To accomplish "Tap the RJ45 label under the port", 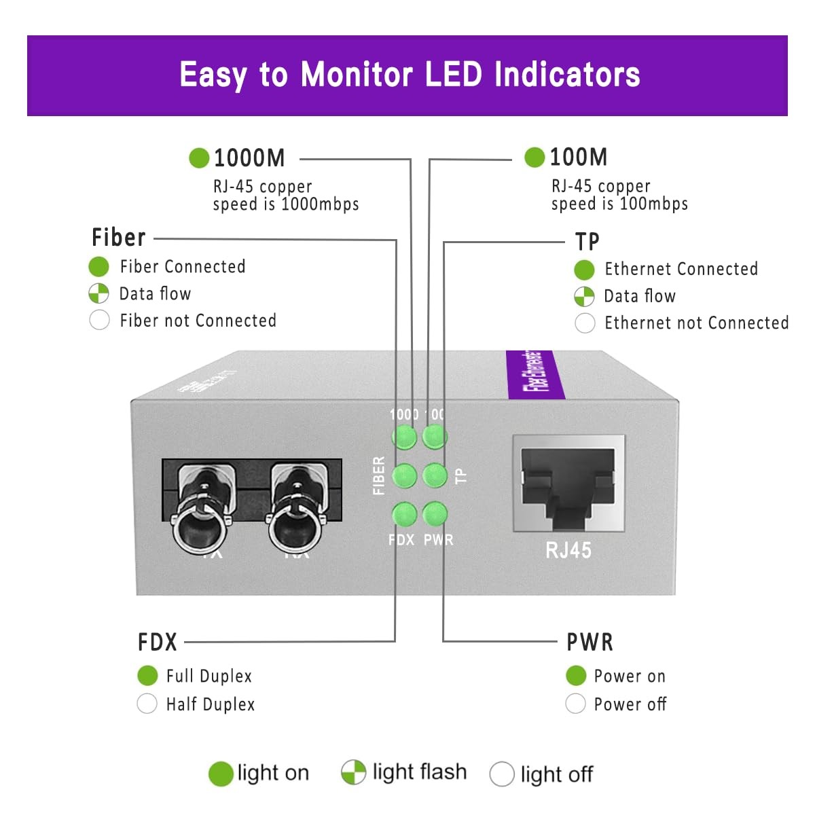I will [568, 549].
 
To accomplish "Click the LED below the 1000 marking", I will [404, 437].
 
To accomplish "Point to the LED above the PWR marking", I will [435, 514].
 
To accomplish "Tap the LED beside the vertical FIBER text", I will [404, 475].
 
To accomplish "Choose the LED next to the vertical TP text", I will [435, 475].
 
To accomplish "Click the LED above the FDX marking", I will [404, 514].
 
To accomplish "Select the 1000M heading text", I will [249, 158].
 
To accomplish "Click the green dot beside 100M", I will [535, 158].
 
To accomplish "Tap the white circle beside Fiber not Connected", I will [99, 320].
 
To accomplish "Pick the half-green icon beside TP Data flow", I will [584, 296].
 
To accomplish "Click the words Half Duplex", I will [211, 704].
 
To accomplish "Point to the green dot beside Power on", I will [575, 676].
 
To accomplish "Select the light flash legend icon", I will [353, 772].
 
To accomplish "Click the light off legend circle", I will [501, 774].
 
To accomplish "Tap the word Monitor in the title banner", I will [357, 75].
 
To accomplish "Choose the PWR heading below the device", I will [590, 642].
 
